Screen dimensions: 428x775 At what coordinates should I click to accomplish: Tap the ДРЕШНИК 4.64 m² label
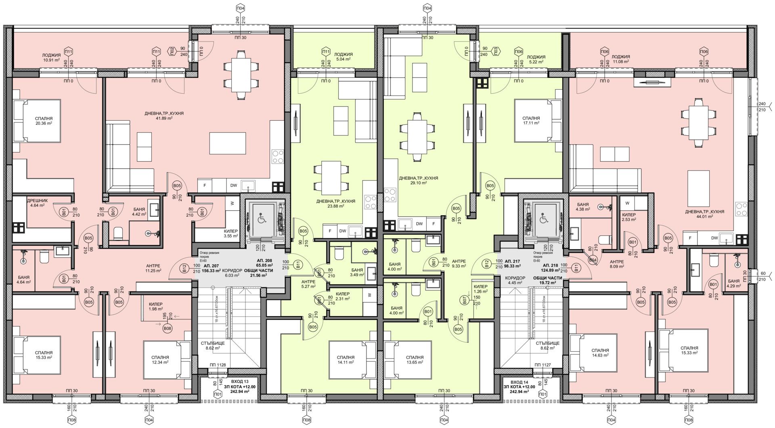pos(37,203)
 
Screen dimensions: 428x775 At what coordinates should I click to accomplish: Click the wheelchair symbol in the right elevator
pos(544,219)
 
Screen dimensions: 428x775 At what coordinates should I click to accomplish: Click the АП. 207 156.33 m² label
pos(212,269)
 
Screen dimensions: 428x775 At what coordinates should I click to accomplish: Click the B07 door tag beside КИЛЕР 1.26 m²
pos(465,300)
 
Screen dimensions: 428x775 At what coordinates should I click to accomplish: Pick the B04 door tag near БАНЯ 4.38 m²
pos(593,260)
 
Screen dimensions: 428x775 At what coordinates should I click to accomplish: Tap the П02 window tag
pos(172,51)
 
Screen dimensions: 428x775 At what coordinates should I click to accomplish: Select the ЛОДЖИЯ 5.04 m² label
pos(344,57)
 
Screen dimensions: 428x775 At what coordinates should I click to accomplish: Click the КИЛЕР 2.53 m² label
pos(628,217)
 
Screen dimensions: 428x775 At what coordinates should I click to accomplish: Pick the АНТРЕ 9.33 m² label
pos(459,263)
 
